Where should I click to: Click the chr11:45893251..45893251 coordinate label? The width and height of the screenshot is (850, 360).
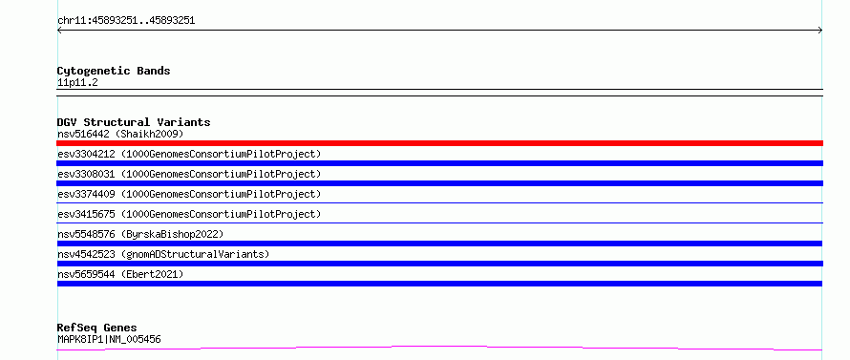coord(126,21)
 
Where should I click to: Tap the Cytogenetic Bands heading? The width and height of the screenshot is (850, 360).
coord(114,71)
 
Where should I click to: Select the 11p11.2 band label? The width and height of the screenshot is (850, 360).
coord(77,83)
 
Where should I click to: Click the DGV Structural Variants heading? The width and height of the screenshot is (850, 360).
coord(134,122)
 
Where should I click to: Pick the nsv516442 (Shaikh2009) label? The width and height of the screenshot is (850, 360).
coord(120,134)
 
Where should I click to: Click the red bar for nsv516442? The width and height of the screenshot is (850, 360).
coord(439,143)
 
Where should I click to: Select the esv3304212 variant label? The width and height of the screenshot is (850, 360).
coord(189,154)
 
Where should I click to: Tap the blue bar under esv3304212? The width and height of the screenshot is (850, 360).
coord(439,163)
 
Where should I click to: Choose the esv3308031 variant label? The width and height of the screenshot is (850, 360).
coord(189,174)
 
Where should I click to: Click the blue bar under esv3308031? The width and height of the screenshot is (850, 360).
coord(439,183)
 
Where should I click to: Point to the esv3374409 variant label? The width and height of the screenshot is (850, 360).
coord(189,194)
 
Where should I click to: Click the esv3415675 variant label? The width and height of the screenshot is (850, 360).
coord(189,214)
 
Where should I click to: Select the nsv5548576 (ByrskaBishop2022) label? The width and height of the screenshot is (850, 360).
coord(140,234)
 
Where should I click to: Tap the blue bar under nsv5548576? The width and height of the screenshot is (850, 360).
coord(439,244)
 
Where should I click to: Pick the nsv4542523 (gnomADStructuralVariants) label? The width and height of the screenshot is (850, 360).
coord(163,254)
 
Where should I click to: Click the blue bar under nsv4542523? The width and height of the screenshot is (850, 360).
coord(439,264)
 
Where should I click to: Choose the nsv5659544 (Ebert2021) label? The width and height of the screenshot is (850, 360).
coord(120,274)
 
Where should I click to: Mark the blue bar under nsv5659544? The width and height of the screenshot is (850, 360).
coord(439,284)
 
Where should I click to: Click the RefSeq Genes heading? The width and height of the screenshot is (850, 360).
coord(96,328)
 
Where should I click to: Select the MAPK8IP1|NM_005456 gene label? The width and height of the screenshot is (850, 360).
coord(109,340)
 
